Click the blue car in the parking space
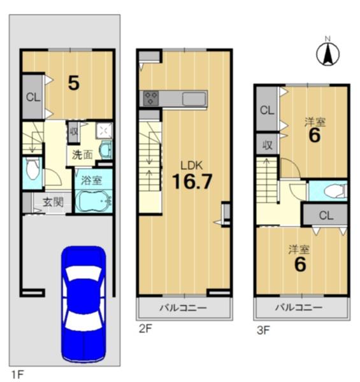point(83,304)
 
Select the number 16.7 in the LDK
point(192,181)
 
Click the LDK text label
point(191,166)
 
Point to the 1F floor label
point(17,374)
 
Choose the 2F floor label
point(145,329)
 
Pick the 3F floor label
point(263,330)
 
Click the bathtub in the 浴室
point(94,201)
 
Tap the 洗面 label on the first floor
point(83,155)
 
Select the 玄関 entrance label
point(53,202)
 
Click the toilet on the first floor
point(33,168)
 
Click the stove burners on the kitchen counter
point(151,99)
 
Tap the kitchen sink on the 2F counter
point(194,99)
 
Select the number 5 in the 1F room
point(74,83)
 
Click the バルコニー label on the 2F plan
point(183,308)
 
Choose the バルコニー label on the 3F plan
point(299,308)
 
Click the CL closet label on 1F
point(33,97)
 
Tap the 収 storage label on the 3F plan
point(268,145)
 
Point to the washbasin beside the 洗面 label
point(106,150)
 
